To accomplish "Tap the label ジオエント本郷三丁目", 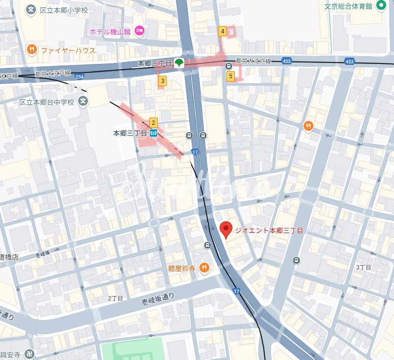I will (x=269, y=230).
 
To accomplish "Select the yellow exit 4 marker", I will (x=223, y=31).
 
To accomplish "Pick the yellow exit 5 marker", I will (x=230, y=76).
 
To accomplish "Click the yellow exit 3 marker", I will (x=162, y=81).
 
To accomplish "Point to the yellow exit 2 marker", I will (x=153, y=123).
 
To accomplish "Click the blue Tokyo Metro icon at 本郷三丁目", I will (x=154, y=133).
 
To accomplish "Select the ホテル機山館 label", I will (x=110, y=31).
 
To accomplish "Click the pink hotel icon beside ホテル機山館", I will (x=139, y=31).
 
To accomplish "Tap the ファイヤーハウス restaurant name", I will (x=68, y=50).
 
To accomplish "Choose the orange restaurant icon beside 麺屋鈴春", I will (x=204, y=268).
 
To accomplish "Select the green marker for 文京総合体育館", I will (x=381, y=6).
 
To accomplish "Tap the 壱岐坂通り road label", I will (x=158, y=297).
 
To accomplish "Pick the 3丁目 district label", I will (x=364, y=267).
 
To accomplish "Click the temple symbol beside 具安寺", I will (x=29, y=354).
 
